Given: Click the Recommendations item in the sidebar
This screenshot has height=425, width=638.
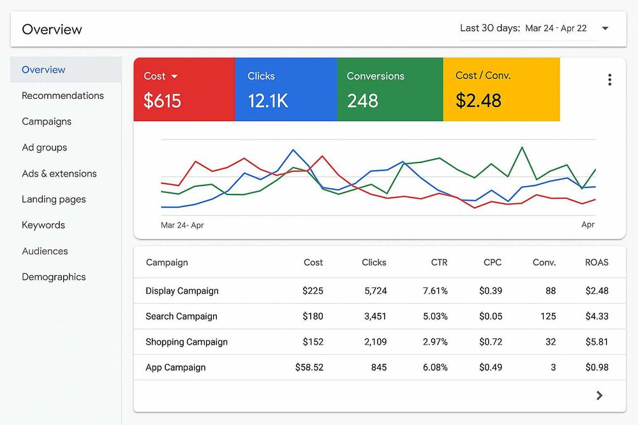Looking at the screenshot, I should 63,96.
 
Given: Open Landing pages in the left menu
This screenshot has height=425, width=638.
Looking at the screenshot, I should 54,199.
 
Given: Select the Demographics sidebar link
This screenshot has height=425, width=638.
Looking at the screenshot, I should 54,277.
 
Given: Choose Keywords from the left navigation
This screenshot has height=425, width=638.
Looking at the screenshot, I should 43,225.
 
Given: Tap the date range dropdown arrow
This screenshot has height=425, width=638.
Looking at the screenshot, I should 605,28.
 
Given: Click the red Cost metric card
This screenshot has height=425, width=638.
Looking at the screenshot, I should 184,89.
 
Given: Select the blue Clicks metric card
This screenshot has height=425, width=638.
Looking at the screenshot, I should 285,89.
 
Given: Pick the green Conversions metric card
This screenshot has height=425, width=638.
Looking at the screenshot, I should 389,89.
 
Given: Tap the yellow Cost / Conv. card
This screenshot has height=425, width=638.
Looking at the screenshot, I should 501,89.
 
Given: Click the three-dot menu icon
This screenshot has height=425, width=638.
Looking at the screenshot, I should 609,80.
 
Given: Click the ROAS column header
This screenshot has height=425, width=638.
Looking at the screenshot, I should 597,263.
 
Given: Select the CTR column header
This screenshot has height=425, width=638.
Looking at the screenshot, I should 439,263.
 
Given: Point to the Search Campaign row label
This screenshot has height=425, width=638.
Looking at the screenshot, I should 181,317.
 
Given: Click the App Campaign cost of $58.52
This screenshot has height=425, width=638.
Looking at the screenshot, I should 309,368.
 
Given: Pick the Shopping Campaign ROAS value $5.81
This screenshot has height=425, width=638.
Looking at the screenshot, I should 597,342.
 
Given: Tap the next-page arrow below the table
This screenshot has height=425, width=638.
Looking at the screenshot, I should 599,396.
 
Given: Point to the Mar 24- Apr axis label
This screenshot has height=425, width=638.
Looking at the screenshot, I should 182,225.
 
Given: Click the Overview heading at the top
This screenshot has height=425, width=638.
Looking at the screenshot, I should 52,29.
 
